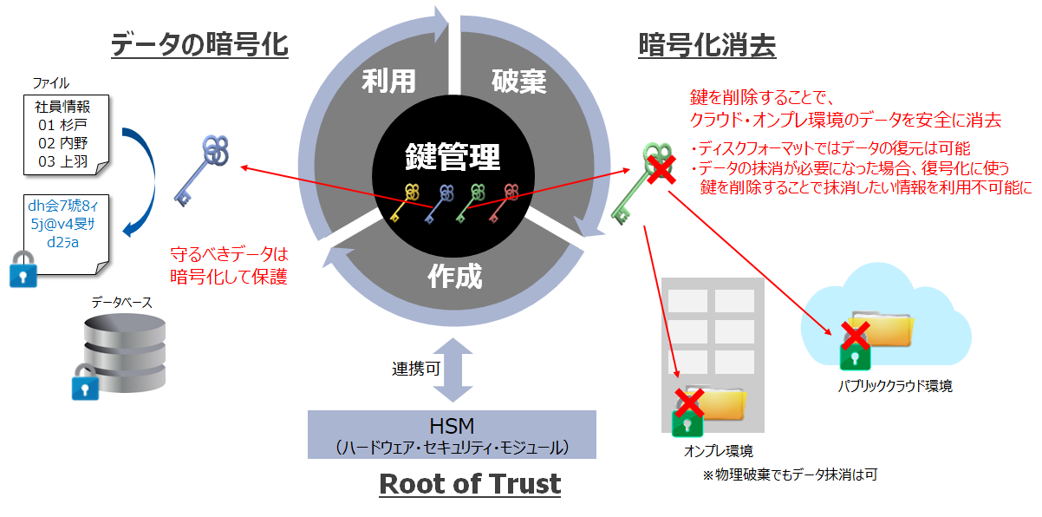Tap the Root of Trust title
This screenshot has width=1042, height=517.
[x=470, y=482]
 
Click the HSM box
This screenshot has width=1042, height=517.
[x=452, y=435]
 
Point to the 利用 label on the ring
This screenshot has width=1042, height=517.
[x=388, y=82]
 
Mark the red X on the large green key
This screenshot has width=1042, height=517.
[x=661, y=169]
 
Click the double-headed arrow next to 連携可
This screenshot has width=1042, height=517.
[x=452, y=369]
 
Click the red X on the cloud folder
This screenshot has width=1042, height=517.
[x=855, y=334]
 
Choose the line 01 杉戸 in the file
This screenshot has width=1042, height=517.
[x=63, y=125]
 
